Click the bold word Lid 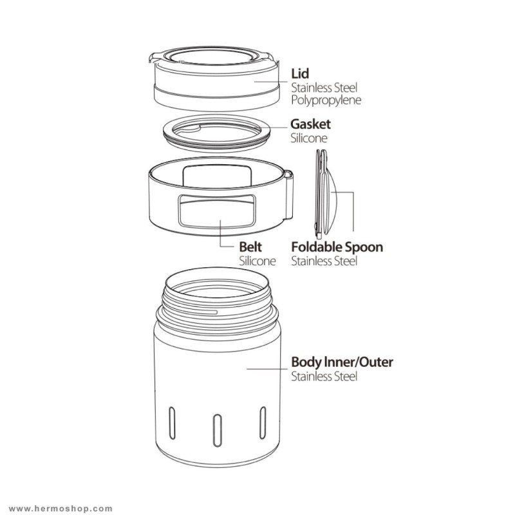pos(300,73)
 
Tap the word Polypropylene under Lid pos(326,100)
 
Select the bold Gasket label pos(310,124)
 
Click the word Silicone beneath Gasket pos(309,138)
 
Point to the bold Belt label pos(250,247)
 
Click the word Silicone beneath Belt pos(257,261)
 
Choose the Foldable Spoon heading pos(337,247)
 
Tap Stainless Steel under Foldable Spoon pos(324,261)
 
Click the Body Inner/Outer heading pos(342,362)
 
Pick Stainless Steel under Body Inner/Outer pos(324,376)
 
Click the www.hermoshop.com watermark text pos(61,509)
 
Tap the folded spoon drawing pos(324,194)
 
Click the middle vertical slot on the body pos(217,430)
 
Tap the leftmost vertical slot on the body pos(172,423)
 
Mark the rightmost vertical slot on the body pos(263,423)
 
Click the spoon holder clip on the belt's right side pos(288,195)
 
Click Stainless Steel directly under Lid pos(324,88)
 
